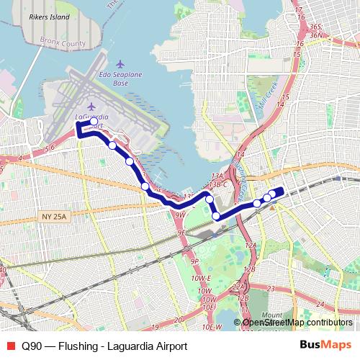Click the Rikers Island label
(x=49, y=17)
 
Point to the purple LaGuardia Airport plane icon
(x=91, y=107)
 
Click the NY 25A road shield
(x=55, y=216)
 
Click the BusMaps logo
(x=326, y=345)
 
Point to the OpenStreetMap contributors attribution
(x=297, y=323)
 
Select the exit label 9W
(x=180, y=215)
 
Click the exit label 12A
(x=251, y=245)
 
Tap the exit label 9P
(x=194, y=261)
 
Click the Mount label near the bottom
(x=272, y=315)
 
